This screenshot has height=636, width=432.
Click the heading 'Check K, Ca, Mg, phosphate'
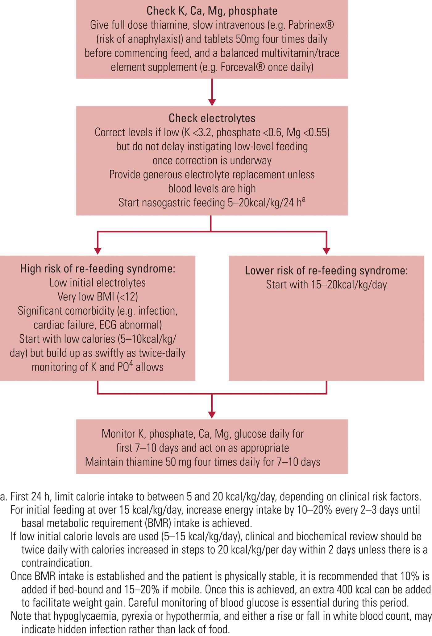212,11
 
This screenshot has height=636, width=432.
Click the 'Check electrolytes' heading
212,118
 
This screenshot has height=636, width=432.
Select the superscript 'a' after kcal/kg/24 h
304,200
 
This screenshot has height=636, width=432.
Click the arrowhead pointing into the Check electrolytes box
212,102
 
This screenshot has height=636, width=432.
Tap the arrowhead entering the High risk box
98,251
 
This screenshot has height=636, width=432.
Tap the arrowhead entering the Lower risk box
326,251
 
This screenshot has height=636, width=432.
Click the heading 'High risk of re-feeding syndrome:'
98,269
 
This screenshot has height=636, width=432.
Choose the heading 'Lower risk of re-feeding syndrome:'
326,271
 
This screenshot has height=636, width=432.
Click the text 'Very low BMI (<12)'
98,297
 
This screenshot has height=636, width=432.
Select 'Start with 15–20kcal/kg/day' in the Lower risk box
326,285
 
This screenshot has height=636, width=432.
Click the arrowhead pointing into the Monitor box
212,415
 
